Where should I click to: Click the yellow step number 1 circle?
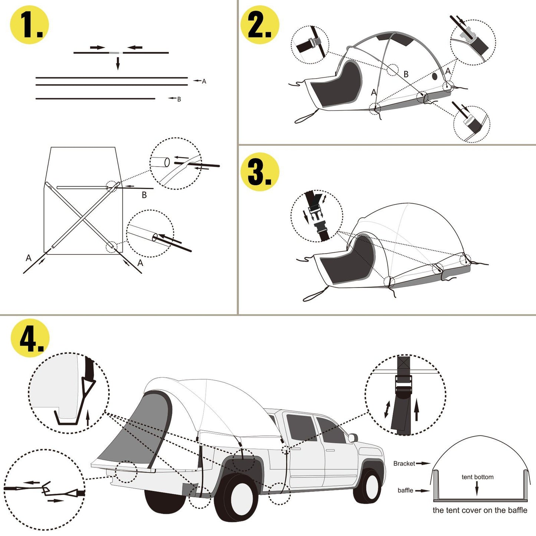pos(29,25)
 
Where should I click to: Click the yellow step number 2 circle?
pos(260,25)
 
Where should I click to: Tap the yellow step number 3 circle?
pos(260,172)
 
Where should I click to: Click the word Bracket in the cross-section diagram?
pos(404,464)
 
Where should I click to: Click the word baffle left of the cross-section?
pos(405,490)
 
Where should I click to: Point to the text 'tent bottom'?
pos(477,477)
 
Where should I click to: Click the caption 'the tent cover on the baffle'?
pos(480,510)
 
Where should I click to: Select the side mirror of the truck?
pos(352,438)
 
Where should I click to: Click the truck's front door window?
pos(331,430)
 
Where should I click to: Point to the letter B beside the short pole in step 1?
pos(179,99)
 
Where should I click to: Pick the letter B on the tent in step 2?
pos(406,74)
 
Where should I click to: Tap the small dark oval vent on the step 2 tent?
pos(435,76)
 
